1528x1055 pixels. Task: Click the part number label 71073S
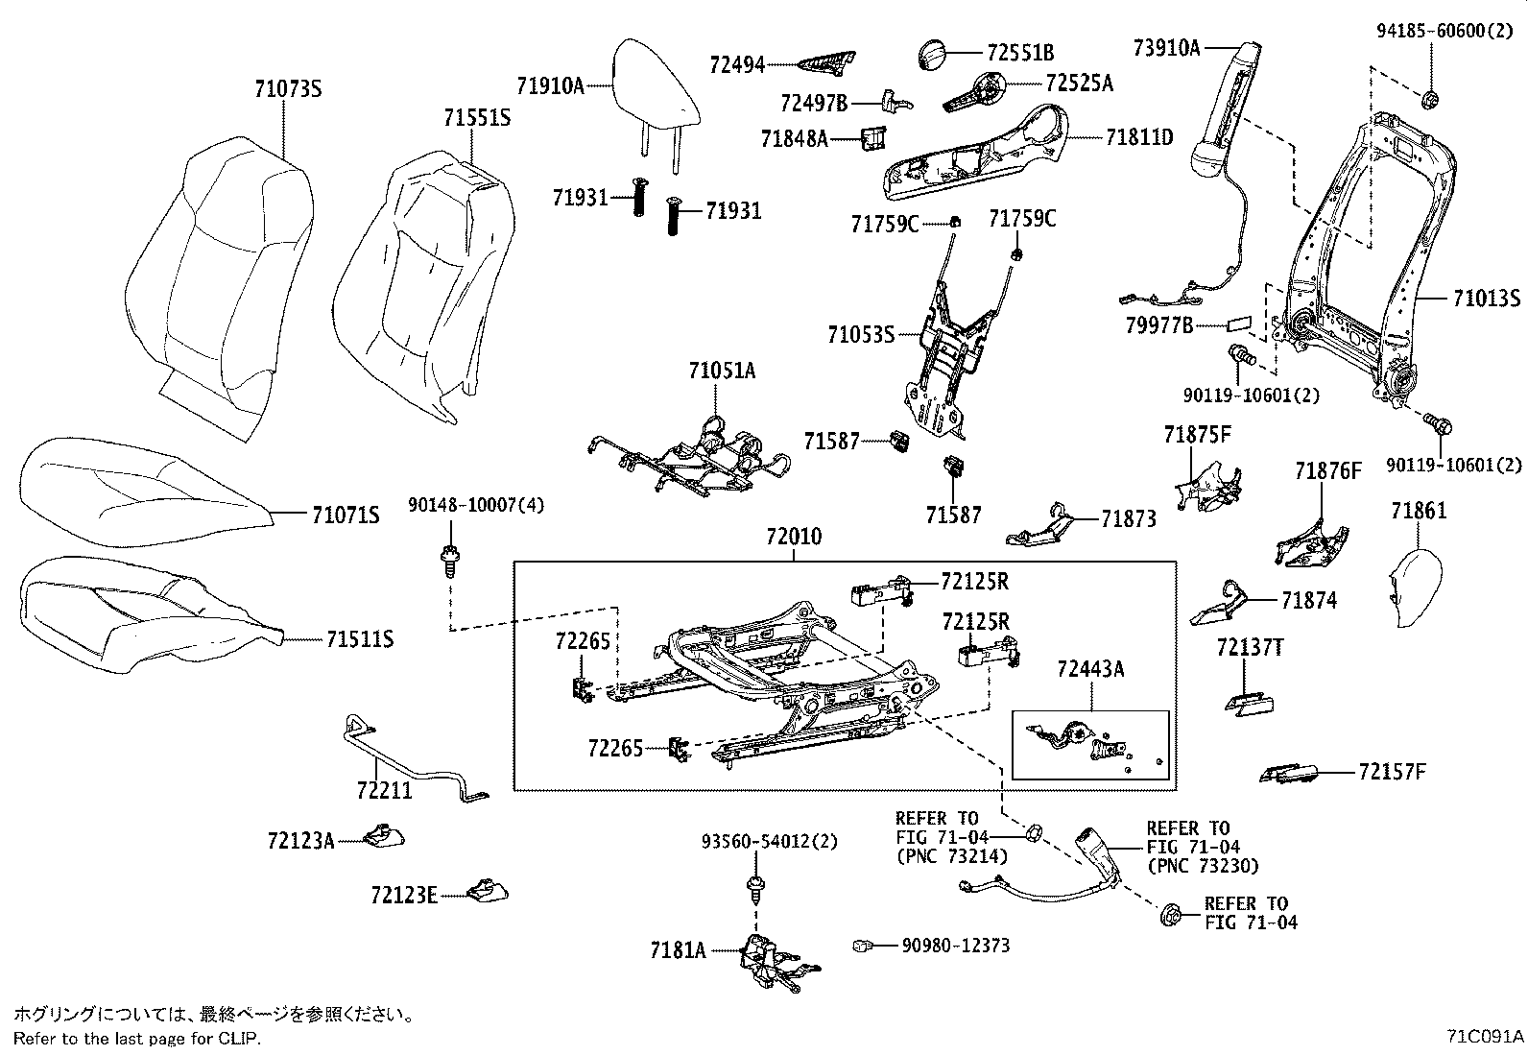[x=287, y=89]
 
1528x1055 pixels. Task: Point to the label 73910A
[x=1166, y=46]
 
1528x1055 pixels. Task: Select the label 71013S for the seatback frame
[x=1486, y=299]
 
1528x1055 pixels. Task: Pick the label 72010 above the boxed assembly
[x=793, y=537]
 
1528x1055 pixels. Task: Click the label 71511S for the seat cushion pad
[x=360, y=639]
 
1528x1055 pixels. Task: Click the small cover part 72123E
[x=488, y=892]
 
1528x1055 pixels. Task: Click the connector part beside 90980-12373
[x=860, y=946]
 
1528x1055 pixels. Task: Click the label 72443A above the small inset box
[x=1090, y=669]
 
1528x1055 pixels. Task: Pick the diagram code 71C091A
[x=1484, y=1037]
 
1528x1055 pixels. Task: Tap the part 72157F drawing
[x=1289, y=773]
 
